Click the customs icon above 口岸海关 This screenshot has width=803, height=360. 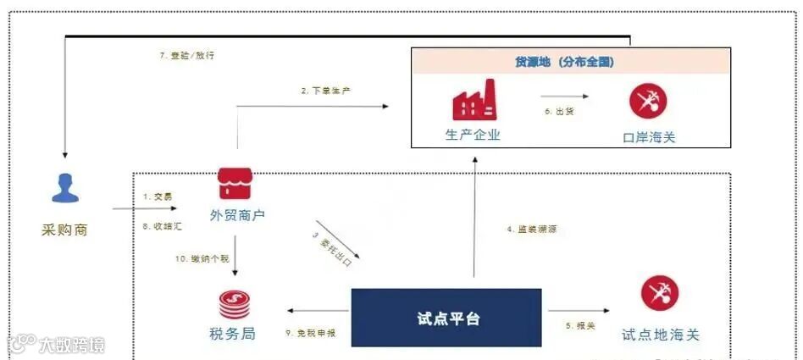tap(648, 101)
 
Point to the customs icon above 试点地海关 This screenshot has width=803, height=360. tap(659, 294)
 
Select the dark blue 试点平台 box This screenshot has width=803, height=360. tap(446, 318)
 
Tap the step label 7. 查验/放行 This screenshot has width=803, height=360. tap(181, 56)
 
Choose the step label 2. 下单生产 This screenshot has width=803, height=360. tap(326, 91)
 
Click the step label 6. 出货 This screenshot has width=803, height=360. tap(560, 111)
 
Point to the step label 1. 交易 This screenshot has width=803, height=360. tap(158, 196)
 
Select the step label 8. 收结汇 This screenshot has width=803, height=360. tap(160, 226)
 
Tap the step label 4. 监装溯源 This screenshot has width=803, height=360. tap(532, 230)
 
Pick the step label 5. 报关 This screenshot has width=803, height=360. tap(580, 325)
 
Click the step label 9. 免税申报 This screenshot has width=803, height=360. tap(311, 333)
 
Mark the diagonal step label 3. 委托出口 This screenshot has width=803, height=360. tap(332, 249)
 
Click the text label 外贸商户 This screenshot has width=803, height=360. tap(237, 215)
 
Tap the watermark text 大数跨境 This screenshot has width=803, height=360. tap(71, 345)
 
